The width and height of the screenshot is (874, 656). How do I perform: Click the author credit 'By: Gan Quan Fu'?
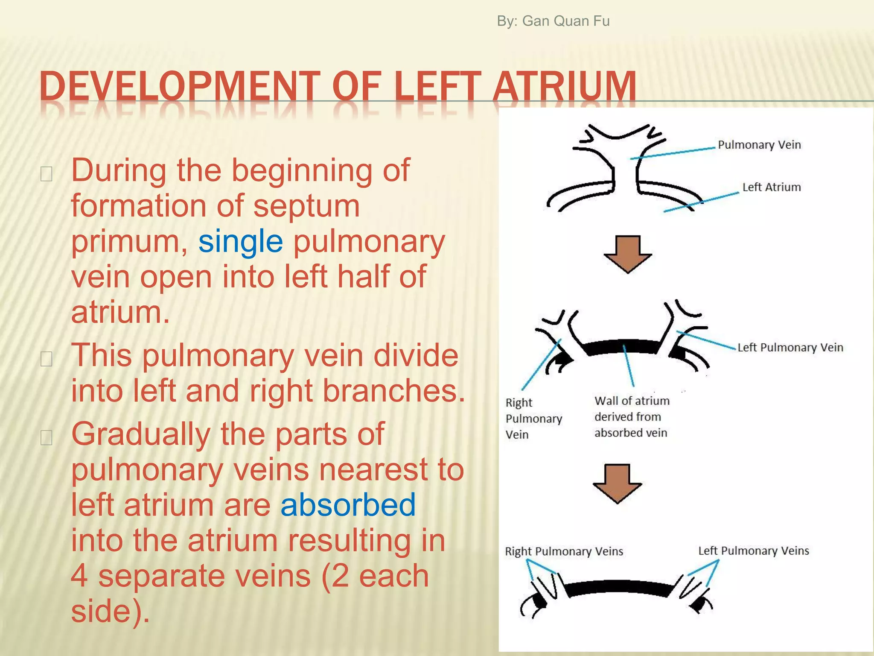click(553, 21)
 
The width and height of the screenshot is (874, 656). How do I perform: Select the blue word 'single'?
click(240, 241)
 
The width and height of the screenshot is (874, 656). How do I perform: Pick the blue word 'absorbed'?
click(348, 505)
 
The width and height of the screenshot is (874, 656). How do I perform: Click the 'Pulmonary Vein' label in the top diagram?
click(759, 145)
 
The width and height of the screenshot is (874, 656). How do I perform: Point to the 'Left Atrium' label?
click(771, 187)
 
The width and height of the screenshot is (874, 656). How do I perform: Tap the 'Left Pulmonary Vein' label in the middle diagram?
click(790, 347)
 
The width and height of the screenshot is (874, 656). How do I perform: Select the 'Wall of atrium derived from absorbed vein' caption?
click(632, 417)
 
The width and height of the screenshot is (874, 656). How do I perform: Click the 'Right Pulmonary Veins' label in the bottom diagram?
click(564, 551)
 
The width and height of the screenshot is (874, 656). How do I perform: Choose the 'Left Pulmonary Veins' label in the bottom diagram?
click(753, 551)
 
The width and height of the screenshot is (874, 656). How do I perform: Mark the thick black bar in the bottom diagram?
click(619, 588)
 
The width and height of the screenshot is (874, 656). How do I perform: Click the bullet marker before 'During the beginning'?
click(46, 174)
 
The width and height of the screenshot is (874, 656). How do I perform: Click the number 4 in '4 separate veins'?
click(79, 576)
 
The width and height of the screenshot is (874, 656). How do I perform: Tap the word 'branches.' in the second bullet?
click(393, 391)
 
